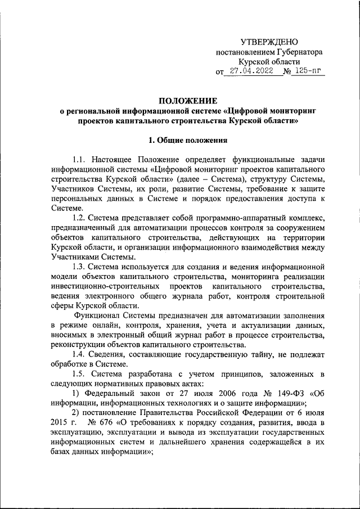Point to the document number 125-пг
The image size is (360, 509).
pos(309,71)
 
